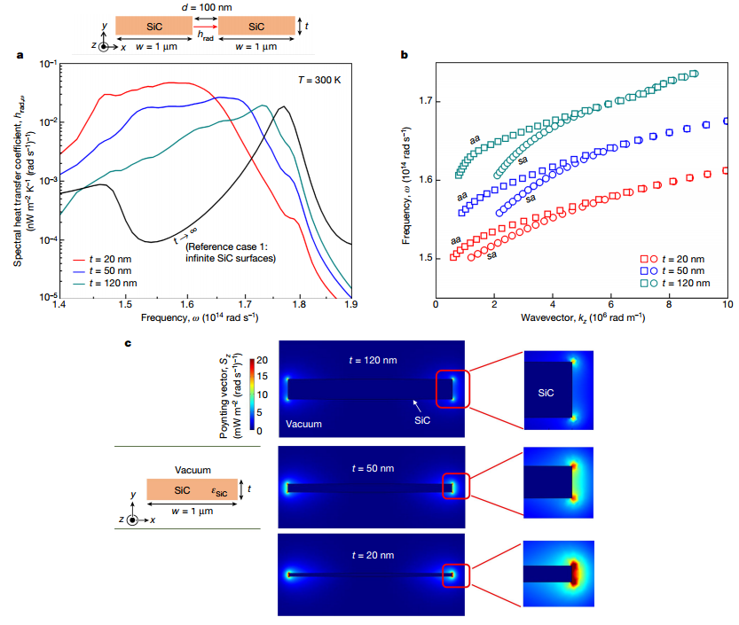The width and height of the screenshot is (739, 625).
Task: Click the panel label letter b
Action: click(x=405, y=56)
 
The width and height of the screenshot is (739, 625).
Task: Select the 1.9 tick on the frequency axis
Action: click(x=351, y=305)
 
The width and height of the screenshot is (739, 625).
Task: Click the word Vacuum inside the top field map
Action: click(x=303, y=425)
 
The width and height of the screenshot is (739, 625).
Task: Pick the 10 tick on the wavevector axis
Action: click(x=727, y=305)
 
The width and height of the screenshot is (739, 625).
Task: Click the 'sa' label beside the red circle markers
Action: click(x=491, y=255)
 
